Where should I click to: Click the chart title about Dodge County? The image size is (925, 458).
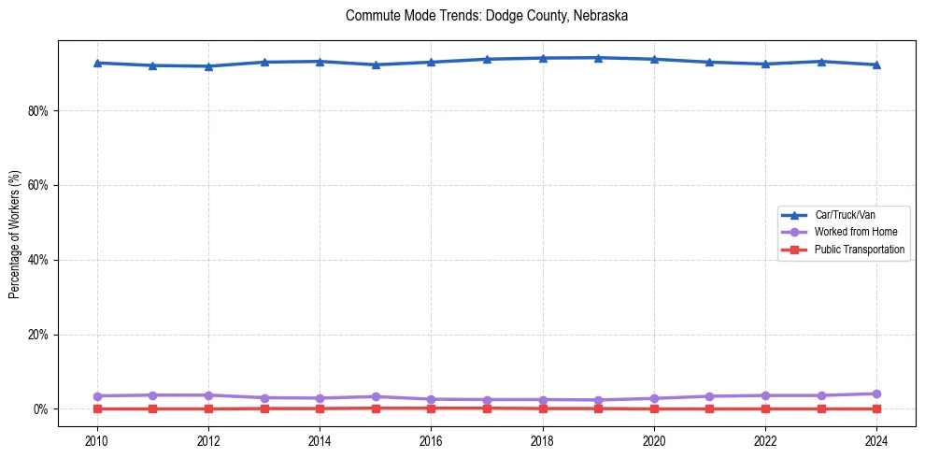(x=486, y=16)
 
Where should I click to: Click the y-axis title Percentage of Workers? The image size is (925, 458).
(x=15, y=233)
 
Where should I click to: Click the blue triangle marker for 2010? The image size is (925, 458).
(x=97, y=63)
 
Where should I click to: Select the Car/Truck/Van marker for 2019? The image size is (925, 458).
(x=598, y=57)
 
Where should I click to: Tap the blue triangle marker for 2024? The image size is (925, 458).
(x=876, y=64)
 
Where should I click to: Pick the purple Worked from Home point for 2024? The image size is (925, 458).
(x=876, y=394)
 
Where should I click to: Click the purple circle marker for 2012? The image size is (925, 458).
(x=208, y=395)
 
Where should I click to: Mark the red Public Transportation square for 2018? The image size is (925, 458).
(x=543, y=408)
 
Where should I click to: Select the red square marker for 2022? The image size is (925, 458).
(x=765, y=408)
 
